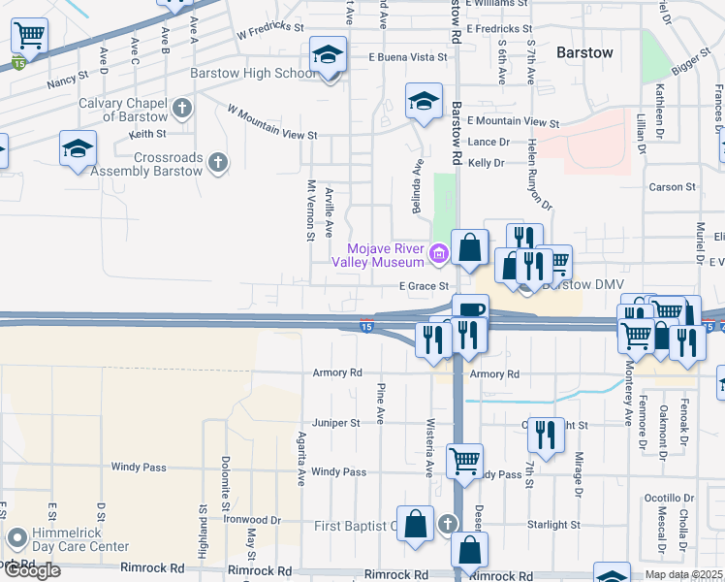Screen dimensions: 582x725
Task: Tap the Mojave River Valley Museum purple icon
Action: (438, 254)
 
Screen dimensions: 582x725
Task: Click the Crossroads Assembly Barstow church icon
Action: (218, 162)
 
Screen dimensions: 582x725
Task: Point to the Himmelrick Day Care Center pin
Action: (16, 536)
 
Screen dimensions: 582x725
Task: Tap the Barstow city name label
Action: (584, 52)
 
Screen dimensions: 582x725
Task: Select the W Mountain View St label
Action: (272, 122)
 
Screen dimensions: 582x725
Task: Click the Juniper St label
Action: (335, 423)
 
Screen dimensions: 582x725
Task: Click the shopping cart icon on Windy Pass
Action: (465, 461)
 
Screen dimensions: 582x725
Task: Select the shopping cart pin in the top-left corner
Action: (29, 37)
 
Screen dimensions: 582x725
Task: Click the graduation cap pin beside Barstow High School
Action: (328, 56)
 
